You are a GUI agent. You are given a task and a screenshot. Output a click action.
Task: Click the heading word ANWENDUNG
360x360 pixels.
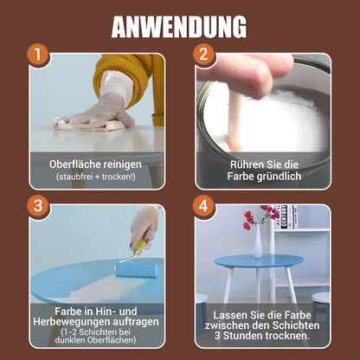(x=179, y=26)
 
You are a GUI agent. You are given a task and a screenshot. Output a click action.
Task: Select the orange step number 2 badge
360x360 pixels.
(x=202, y=55)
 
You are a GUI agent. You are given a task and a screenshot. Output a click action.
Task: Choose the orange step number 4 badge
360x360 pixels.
(x=202, y=206)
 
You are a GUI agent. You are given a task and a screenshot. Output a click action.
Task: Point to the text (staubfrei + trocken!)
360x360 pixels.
(x=96, y=177)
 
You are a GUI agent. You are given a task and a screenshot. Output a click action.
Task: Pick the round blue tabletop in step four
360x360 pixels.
(x=259, y=260)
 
